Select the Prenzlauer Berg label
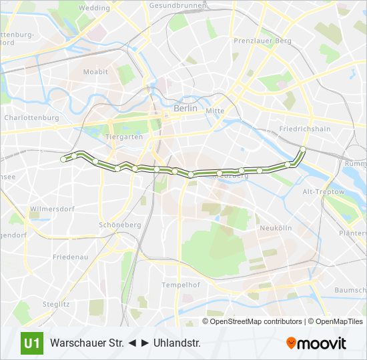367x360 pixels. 262,41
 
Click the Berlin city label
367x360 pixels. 185,107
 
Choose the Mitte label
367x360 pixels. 215,111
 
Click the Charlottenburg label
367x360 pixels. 31,117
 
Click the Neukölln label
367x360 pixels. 276,228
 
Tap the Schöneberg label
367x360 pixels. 119,225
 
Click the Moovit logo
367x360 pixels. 316,343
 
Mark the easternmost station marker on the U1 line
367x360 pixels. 303,149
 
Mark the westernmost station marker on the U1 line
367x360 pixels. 63,159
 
